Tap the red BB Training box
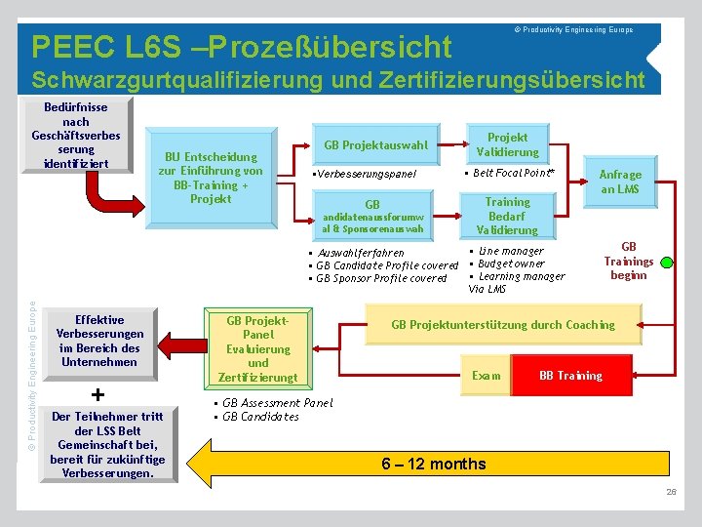coord(571,376)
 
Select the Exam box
coord(487,376)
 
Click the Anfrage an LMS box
coord(620,182)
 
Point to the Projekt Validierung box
coord(507,144)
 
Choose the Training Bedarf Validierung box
coord(507,216)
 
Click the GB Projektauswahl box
coord(375,145)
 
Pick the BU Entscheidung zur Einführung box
coord(211,177)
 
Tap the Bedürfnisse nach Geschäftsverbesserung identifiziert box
coord(76,135)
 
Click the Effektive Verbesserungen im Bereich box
coord(99,341)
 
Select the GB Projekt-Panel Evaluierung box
coord(257,348)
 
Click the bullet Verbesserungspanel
coord(364,174)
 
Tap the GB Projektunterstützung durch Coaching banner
coord(503,325)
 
